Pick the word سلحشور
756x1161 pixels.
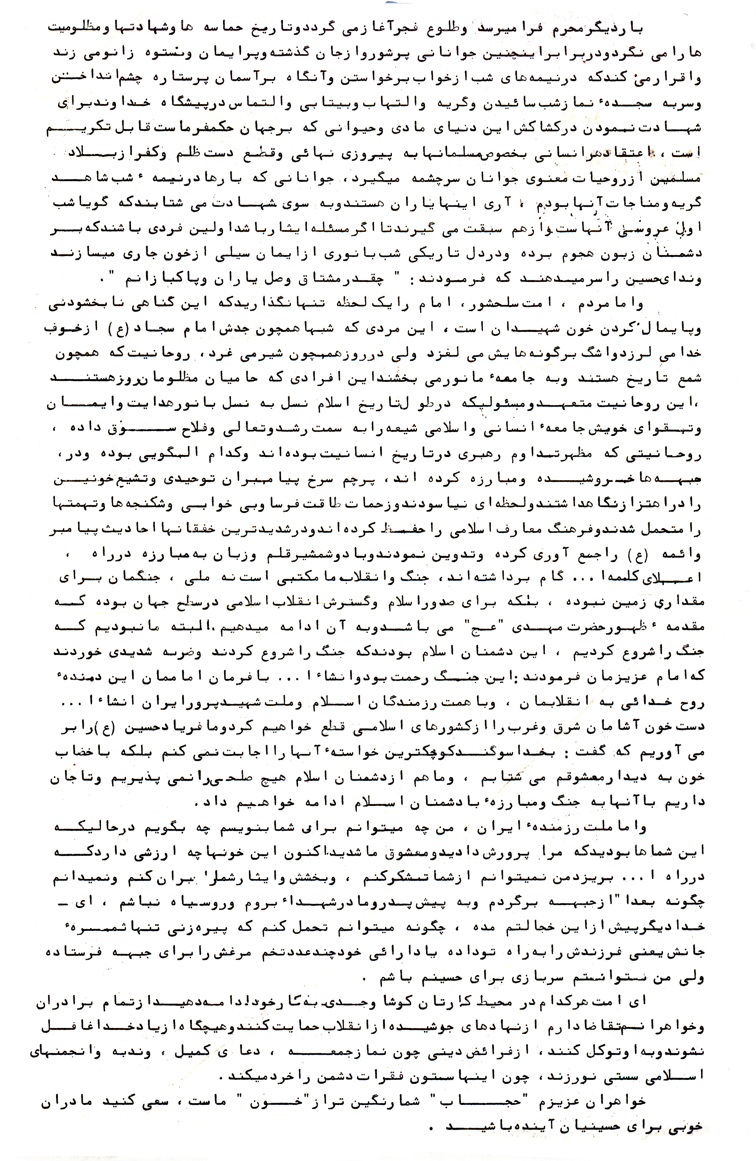488,305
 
